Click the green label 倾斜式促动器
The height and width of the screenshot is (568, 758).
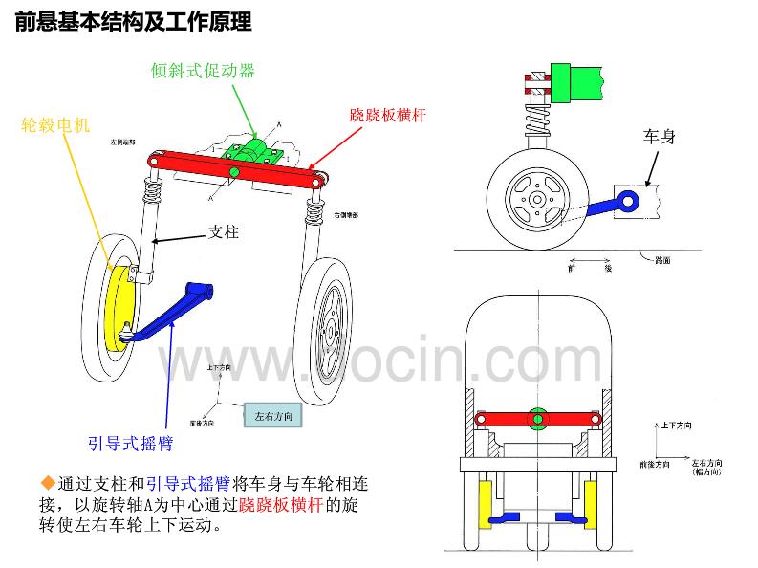[203, 70]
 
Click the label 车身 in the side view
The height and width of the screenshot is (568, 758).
[660, 137]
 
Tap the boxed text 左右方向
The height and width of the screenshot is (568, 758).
[274, 416]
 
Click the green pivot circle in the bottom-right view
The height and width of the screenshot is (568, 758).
[539, 418]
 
